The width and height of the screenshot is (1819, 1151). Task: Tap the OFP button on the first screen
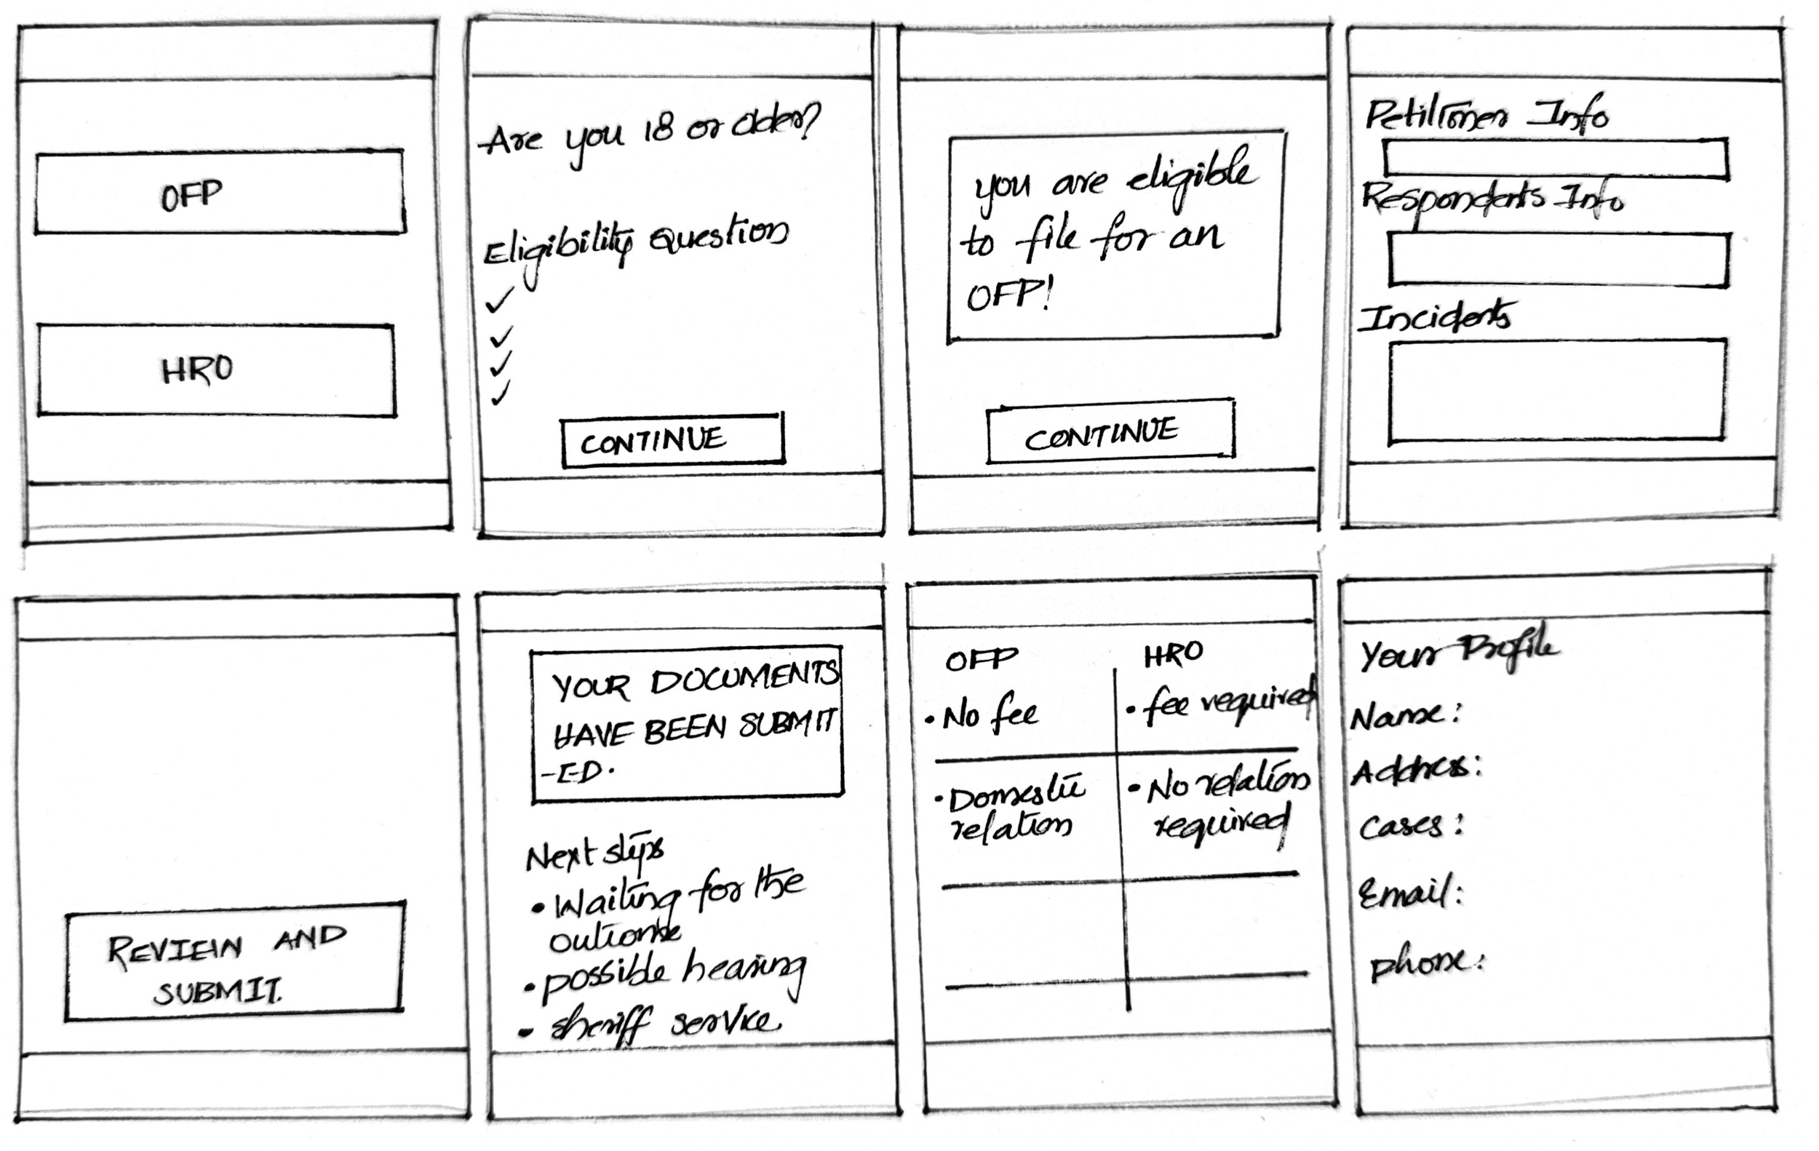219,193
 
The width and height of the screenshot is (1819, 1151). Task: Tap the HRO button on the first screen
216,370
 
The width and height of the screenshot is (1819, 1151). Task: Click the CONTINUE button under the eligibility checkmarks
672,439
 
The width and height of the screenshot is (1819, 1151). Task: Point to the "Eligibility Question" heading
634,242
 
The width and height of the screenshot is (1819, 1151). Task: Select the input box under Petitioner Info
1556,159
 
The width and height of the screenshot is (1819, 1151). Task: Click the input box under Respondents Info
1559,259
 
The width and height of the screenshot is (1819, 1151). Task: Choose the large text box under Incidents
1557,390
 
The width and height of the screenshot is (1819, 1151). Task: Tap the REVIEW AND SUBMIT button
234,960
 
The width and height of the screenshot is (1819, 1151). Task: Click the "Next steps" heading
594,853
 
